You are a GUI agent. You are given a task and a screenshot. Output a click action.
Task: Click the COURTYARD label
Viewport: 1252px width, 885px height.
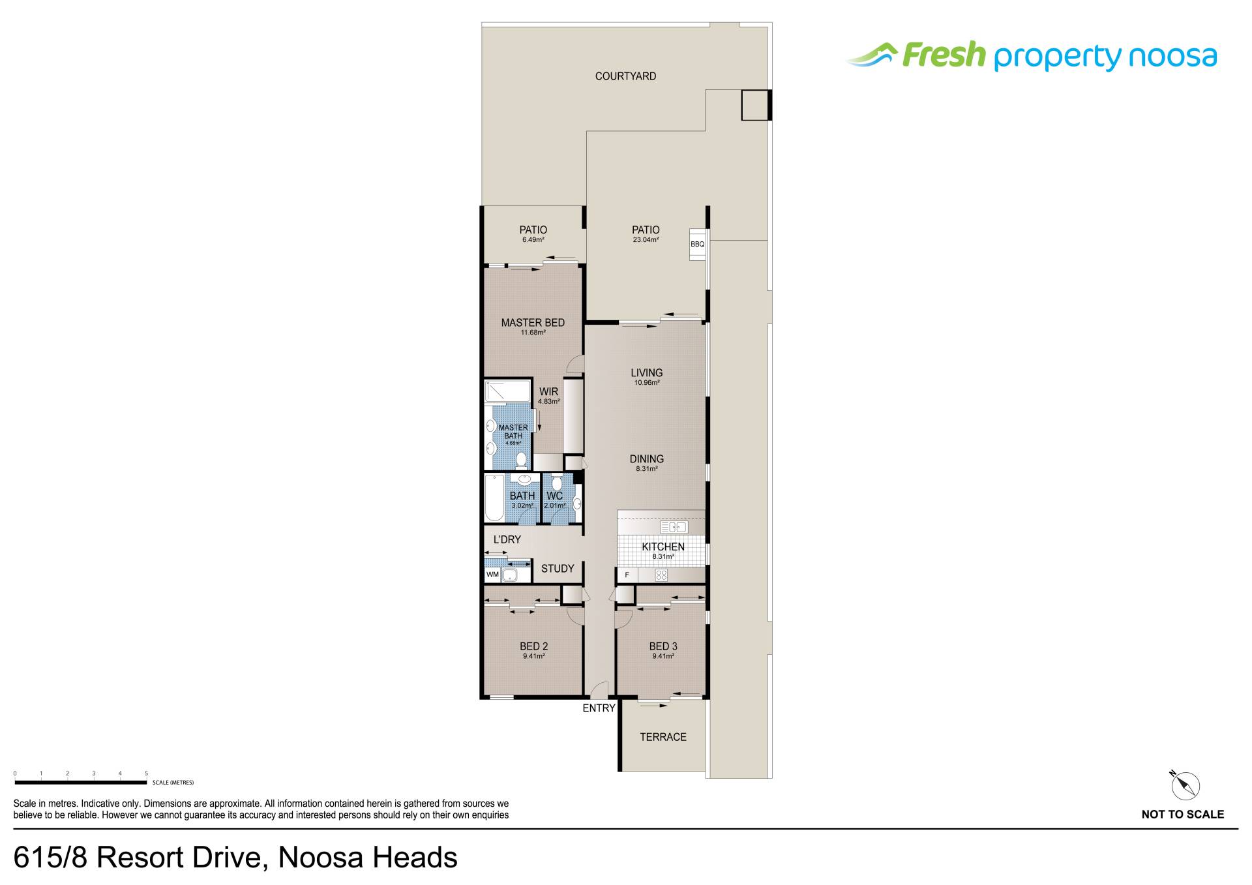tap(625, 76)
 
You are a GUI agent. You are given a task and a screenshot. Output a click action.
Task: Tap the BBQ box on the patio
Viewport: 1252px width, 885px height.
tap(698, 245)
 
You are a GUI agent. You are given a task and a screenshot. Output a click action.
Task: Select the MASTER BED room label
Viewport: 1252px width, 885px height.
tap(533, 322)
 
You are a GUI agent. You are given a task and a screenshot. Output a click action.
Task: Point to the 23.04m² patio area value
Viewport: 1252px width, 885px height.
tap(646, 239)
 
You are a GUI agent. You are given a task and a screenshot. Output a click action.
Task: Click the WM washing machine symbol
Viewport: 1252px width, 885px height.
tap(492, 575)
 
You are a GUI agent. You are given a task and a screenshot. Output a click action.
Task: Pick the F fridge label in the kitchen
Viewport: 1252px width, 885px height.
tap(627, 575)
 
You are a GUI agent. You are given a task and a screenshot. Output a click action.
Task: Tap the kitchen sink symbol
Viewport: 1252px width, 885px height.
tap(674, 527)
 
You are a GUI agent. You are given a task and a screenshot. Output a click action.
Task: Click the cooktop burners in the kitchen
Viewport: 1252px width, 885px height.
tap(661, 575)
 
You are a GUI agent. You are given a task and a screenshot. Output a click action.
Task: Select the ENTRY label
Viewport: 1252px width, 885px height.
tap(599, 708)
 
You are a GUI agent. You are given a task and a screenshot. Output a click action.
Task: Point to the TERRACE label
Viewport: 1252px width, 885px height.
tap(663, 737)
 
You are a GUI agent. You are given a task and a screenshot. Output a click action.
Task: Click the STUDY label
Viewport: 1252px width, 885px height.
tap(558, 569)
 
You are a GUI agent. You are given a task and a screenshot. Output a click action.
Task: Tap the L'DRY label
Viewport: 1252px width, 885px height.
tap(507, 539)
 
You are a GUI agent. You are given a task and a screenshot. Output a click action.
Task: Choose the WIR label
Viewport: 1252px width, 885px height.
tap(548, 392)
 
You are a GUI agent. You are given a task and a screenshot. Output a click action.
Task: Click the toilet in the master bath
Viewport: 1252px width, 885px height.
tap(521, 460)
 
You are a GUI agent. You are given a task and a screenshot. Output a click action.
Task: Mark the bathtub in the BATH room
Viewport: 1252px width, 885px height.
tap(494, 498)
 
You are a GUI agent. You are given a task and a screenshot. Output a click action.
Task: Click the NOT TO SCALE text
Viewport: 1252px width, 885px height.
tap(1182, 814)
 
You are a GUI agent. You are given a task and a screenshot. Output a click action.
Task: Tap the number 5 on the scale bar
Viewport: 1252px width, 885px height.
tap(147, 773)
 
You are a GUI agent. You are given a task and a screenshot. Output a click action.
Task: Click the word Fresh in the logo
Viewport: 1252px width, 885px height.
tap(944, 55)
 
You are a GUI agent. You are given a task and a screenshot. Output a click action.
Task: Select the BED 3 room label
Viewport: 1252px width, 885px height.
tap(663, 646)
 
